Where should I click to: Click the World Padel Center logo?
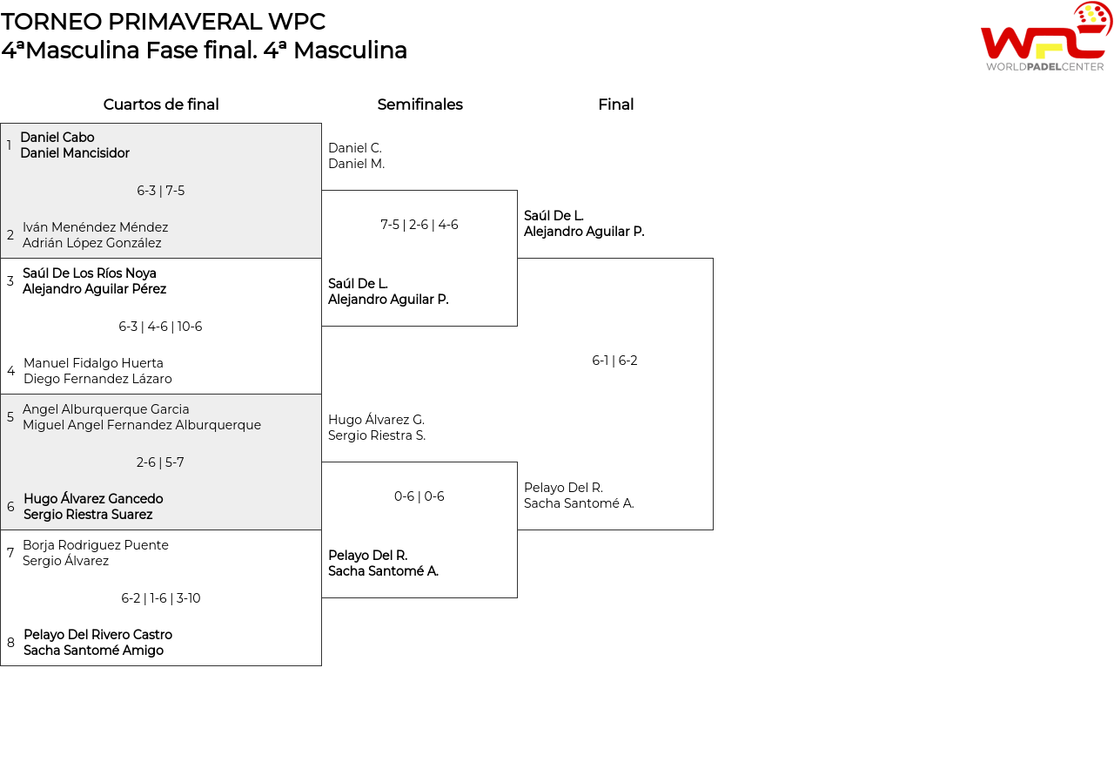coord(1045,37)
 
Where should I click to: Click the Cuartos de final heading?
coord(161,105)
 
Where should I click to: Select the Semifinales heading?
coord(419,105)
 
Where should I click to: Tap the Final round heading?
coord(615,105)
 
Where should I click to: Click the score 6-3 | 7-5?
coord(161,191)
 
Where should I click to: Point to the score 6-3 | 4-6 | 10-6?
coord(161,327)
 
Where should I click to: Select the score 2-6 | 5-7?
coord(161,462)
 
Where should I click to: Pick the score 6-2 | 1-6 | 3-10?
coord(161,598)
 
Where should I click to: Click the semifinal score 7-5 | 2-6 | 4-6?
coord(419,225)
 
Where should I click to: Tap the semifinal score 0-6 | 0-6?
coord(419,496)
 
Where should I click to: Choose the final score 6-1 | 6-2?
coord(615,361)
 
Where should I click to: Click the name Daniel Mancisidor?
coord(75,153)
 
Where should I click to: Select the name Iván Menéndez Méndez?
coord(96,227)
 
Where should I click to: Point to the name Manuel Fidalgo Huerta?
coord(93,363)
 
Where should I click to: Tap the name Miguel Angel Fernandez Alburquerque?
coord(142,425)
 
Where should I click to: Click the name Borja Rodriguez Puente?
coord(96,545)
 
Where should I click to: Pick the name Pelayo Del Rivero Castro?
coord(97,635)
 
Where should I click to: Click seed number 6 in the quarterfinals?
coord(10,507)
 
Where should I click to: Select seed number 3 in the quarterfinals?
coord(10,281)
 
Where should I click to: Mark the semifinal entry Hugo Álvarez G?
coord(376,420)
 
